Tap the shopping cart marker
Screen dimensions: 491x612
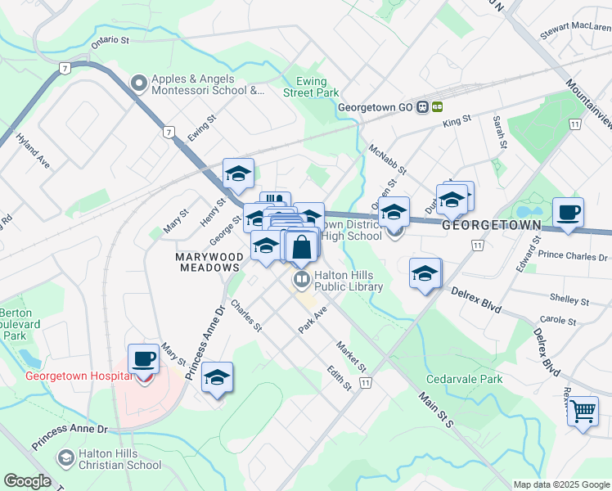point(583,411)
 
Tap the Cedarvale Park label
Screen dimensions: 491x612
point(464,380)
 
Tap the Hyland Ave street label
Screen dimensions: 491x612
point(33,152)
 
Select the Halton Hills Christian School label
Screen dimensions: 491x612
point(119,459)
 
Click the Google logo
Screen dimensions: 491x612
point(26,481)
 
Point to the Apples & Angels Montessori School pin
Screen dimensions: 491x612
point(138,83)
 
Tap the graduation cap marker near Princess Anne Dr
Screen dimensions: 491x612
point(218,378)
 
